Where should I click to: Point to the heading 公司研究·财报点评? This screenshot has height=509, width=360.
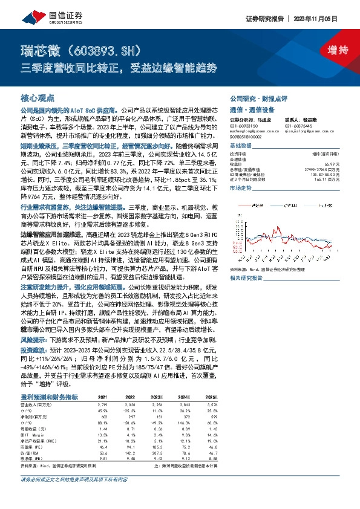coord(258,98)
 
